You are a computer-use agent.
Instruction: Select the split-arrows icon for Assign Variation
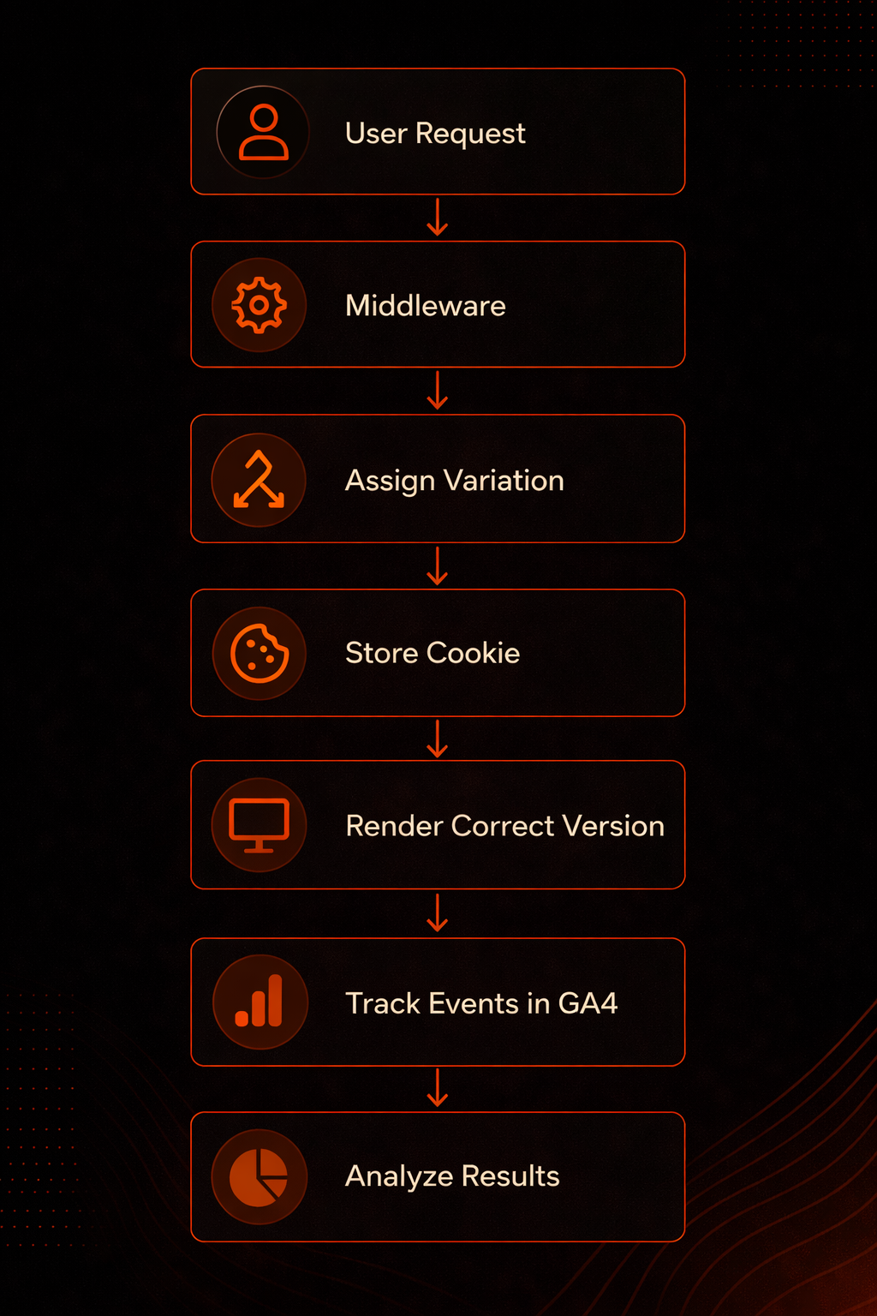point(259,480)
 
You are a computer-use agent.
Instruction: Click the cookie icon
point(259,654)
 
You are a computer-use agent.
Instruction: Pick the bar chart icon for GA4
point(259,1001)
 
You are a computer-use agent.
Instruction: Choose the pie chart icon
point(259,1177)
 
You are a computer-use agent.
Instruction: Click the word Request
point(470,134)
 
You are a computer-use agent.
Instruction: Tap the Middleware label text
point(426,306)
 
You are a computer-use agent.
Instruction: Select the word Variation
point(504,481)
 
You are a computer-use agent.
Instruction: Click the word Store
point(382,654)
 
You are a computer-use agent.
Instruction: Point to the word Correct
point(503,826)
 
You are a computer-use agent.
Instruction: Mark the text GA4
point(588,1003)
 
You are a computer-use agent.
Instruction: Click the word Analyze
point(399,1177)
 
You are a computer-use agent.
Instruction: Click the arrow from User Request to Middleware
point(438,218)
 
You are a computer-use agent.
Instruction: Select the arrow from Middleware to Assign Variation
point(438,390)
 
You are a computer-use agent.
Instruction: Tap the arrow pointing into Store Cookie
point(438,565)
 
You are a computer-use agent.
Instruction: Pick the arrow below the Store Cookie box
point(438,739)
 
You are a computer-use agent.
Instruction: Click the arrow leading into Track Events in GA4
point(438,913)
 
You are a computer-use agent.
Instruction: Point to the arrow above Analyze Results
point(438,1088)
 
